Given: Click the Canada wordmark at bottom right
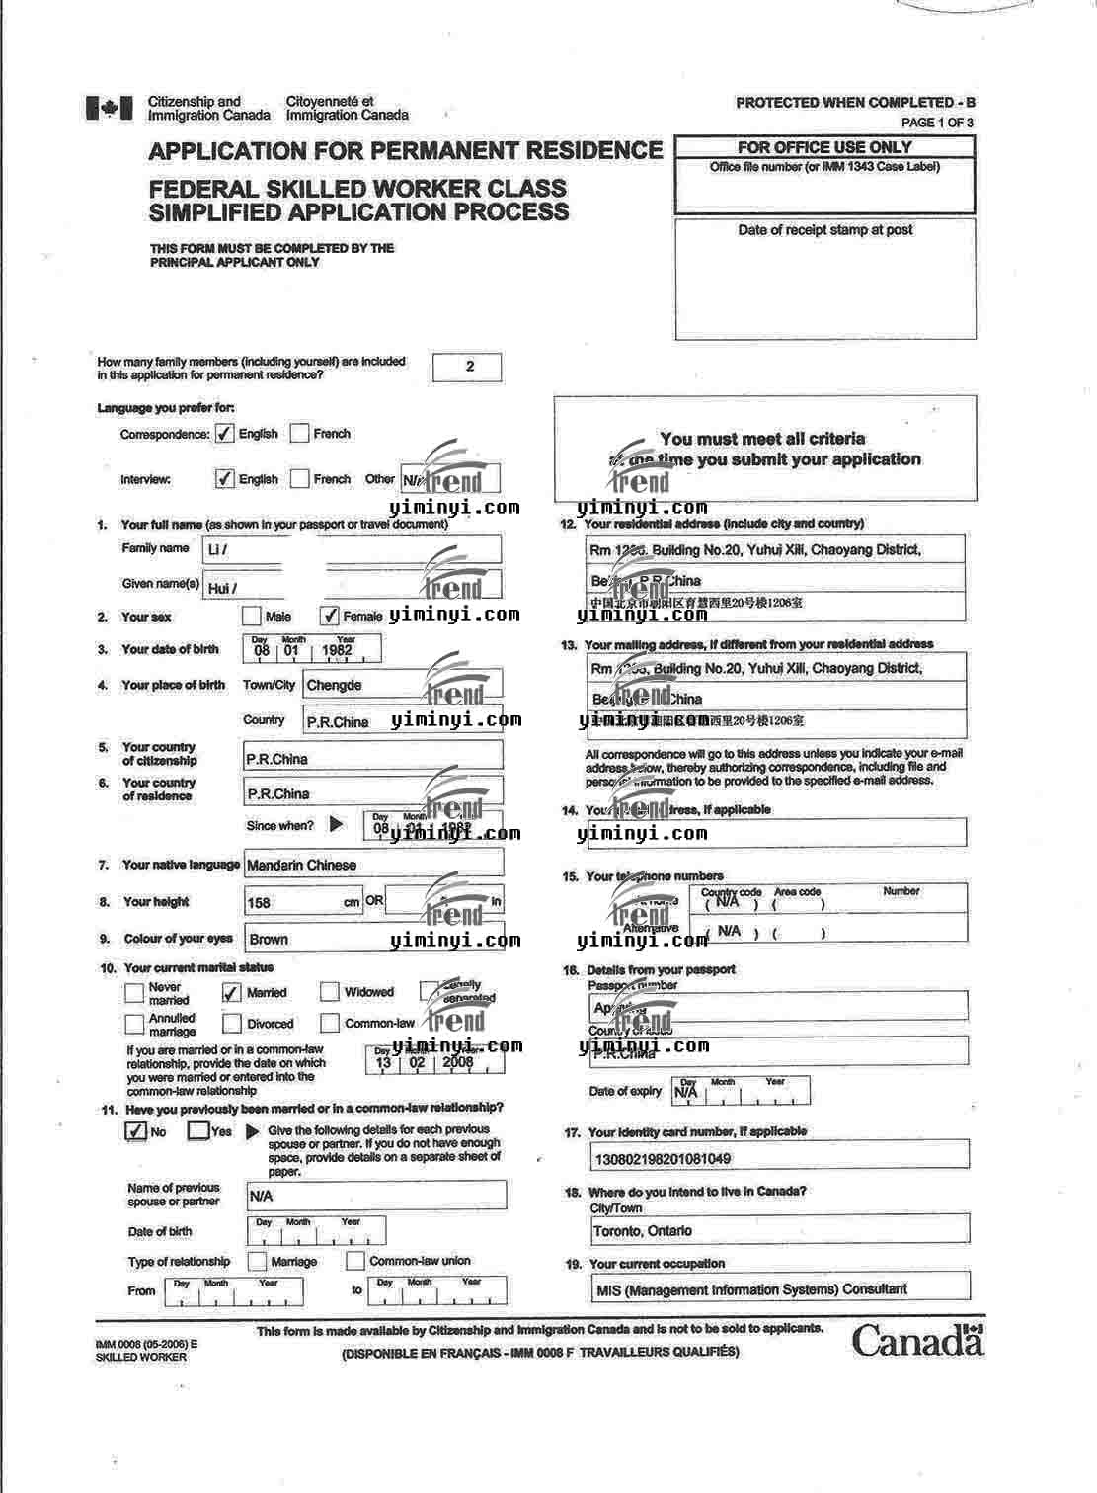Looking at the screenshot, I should [x=917, y=1340].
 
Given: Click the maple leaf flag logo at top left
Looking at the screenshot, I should [x=109, y=108].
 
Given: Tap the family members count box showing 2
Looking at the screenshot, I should [x=468, y=367].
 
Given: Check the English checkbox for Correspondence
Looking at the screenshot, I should [x=225, y=434].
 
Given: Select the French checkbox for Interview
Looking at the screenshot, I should [x=299, y=479].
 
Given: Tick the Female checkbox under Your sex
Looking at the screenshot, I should [x=330, y=616].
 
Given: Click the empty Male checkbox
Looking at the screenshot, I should [x=252, y=616].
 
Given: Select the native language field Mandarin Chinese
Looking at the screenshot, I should [x=373, y=865].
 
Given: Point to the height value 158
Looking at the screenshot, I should [x=260, y=902].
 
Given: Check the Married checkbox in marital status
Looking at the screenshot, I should [x=232, y=992].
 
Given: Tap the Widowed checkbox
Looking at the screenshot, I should [x=330, y=992].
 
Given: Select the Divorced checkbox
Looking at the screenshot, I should [x=232, y=1024].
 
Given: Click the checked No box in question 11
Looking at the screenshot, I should [x=136, y=1131].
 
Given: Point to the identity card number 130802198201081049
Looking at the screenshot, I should [x=663, y=1158].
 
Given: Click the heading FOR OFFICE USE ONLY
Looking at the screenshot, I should [x=824, y=147].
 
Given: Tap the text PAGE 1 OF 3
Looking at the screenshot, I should [x=937, y=123].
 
